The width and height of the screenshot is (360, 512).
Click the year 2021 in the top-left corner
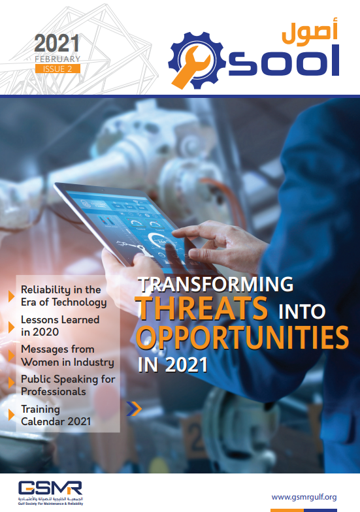point(57,43)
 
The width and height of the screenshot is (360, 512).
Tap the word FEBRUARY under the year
point(57,59)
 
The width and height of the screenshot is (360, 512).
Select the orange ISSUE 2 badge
point(57,69)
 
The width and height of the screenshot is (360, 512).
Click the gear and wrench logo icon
point(197,60)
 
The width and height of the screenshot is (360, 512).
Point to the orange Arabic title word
point(310,31)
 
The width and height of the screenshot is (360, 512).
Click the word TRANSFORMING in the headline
point(216,284)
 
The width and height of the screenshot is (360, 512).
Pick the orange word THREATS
point(203,308)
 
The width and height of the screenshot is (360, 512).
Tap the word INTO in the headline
point(302,311)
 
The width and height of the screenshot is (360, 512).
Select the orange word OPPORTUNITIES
point(242,337)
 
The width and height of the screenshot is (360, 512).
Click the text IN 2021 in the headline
point(172,364)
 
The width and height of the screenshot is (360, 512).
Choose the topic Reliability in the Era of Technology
point(64,296)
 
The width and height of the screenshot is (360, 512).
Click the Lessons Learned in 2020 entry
point(60,325)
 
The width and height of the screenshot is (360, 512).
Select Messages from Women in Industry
point(68,355)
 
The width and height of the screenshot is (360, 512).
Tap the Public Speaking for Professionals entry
point(68,385)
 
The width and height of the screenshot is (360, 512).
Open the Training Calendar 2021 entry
point(56,415)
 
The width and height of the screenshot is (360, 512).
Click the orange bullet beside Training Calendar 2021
point(12,415)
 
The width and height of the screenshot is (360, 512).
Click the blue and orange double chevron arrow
point(134,409)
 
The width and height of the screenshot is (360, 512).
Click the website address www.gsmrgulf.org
point(304,497)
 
